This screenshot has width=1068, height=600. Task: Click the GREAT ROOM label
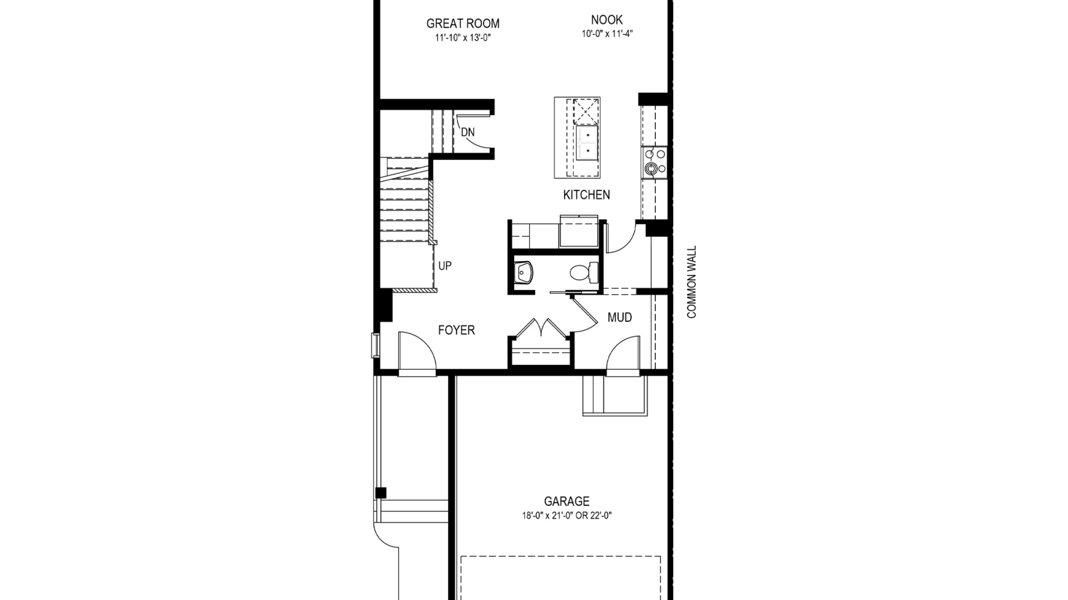[x=463, y=24]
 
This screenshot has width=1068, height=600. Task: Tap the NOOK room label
[x=607, y=20]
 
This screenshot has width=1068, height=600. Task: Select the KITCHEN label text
[x=587, y=195]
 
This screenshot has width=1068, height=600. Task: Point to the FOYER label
[x=456, y=330]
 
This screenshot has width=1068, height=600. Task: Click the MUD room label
[x=620, y=317]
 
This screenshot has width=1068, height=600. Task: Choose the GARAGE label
[x=567, y=501]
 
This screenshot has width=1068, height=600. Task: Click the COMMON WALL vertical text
[x=692, y=282]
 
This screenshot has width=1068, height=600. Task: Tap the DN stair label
[x=468, y=132]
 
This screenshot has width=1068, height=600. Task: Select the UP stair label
[x=445, y=266]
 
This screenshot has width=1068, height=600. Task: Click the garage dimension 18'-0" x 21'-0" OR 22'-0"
[x=567, y=516]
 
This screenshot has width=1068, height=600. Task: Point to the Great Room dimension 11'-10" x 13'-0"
[x=463, y=38]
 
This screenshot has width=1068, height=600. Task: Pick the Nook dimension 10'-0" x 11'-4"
[x=607, y=34]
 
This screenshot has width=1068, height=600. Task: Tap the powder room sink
[x=523, y=272]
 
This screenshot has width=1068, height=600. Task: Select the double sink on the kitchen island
[x=587, y=143]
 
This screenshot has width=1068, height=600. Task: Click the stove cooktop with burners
[x=655, y=162]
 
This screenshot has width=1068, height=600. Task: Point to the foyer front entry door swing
[x=418, y=350]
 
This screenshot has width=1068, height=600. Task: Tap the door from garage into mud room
[x=623, y=353]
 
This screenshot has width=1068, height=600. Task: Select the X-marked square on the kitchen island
[x=586, y=111]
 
